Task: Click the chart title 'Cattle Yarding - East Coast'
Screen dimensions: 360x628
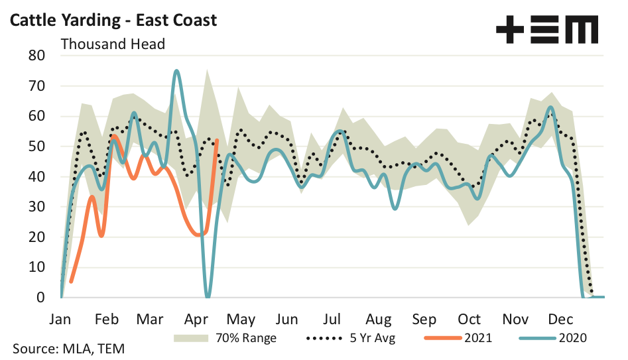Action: [x=112, y=20]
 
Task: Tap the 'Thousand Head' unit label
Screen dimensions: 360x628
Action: [x=113, y=44]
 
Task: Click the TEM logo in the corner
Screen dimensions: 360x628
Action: [x=547, y=30]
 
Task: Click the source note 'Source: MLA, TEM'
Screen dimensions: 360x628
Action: [x=68, y=348]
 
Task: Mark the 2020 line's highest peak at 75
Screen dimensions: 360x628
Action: [x=176, y=70]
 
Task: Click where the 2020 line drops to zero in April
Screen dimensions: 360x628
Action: [x=208, y=296]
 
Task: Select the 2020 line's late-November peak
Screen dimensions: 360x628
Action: [x=550, y=107]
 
